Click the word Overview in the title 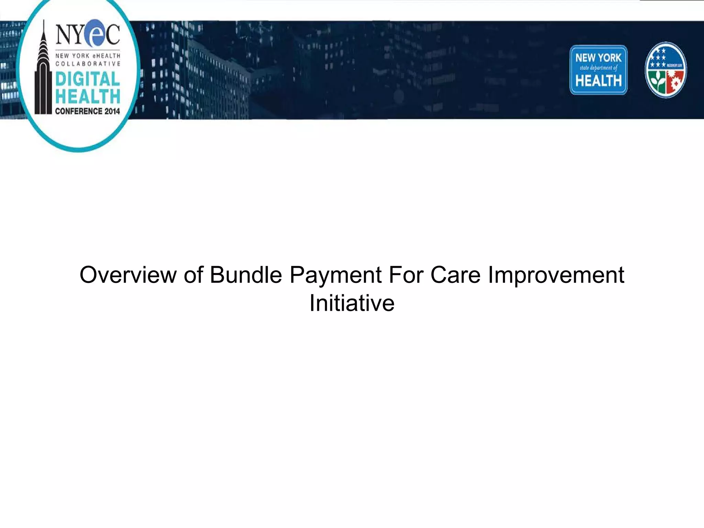click(x=128, y=275)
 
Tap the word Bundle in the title click(x=246, y=275)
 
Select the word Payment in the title click(x=335, y=275)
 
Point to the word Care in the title click(x=455, y=275)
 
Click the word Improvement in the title click(x=556, y=275)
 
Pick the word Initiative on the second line click(x=352, y=303)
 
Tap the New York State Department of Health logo click(x=598, y=70)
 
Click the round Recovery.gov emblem click(x=665, y=70)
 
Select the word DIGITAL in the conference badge click(x=88, y=79)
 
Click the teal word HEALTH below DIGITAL click(x=88, y=96)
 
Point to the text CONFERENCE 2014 click(x=88, y=111)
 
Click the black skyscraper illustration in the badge click(x=43, y=76)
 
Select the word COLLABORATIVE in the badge click(x=88, y=64)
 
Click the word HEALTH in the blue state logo click(x=598, y=81)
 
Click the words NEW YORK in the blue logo click(x=598, y=58)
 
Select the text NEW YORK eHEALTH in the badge click(x=88, y=56)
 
